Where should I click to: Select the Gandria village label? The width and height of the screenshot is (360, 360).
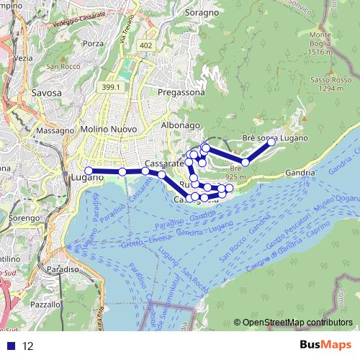tap(300, 173)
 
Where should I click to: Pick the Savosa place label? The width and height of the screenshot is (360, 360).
tap(46, 93)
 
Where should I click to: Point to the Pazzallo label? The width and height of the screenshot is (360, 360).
tap(45, 305)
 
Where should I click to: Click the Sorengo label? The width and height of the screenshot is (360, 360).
tap(24, 216)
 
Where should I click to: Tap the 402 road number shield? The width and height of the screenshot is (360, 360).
tap(146, 45)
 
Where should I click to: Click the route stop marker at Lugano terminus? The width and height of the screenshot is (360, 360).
tap(89, 171)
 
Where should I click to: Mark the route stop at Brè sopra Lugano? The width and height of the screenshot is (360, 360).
tap(271, 143)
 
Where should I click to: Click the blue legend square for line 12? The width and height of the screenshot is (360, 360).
tap(11, 346)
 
